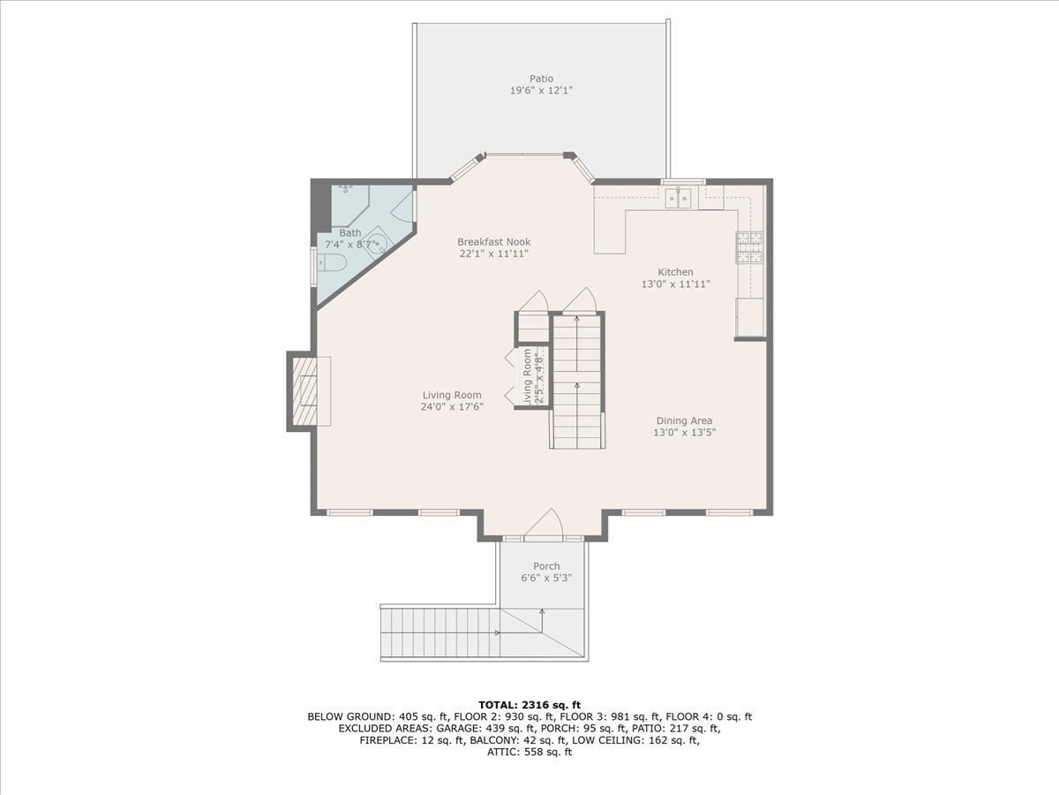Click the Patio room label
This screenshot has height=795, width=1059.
tap(541, 79)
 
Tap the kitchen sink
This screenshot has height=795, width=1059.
tap(678, 199)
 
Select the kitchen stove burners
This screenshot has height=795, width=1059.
tap(749, 247)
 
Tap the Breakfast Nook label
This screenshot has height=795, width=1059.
tap(494, 242)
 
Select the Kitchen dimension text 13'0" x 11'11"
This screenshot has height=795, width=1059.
tap(675, 284)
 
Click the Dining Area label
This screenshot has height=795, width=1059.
tap(684, 421)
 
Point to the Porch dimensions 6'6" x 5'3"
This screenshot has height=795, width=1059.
tap(546, 578)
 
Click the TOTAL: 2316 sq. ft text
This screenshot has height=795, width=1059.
tap(529, 705)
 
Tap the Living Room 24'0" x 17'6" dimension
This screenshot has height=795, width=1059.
tap(452, 407)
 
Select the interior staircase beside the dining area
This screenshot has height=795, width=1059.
tap(577, 382)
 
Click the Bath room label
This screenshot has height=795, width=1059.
tap(350, 232)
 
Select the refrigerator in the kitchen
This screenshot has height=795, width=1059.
tap(749, 317)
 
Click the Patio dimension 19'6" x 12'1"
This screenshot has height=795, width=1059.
tap(541, 90)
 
